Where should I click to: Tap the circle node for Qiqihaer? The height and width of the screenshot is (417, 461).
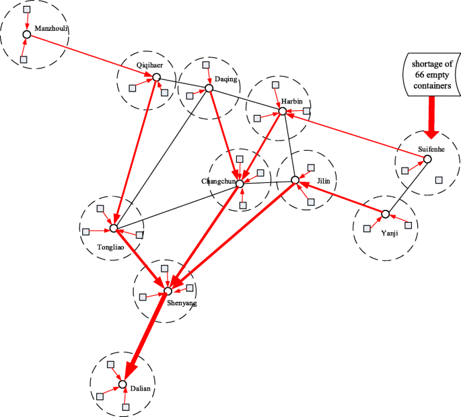coord(155,78)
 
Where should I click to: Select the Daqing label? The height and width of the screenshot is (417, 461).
coord(226,79)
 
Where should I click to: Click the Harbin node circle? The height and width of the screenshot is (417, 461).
coord(283,111)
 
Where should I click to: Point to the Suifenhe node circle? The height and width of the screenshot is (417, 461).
coord(427,159)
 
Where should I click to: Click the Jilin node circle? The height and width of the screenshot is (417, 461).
coord(295,180)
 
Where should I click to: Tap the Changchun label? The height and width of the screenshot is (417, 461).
coord(218,182)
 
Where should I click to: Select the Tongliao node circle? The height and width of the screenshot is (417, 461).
coord(113,229)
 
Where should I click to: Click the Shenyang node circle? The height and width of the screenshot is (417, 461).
coord(168,291)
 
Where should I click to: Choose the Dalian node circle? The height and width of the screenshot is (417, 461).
coord(122,385)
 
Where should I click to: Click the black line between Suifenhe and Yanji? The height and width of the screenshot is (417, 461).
coord(406,186)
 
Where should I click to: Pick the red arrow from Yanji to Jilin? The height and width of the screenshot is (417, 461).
coord(342,198)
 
